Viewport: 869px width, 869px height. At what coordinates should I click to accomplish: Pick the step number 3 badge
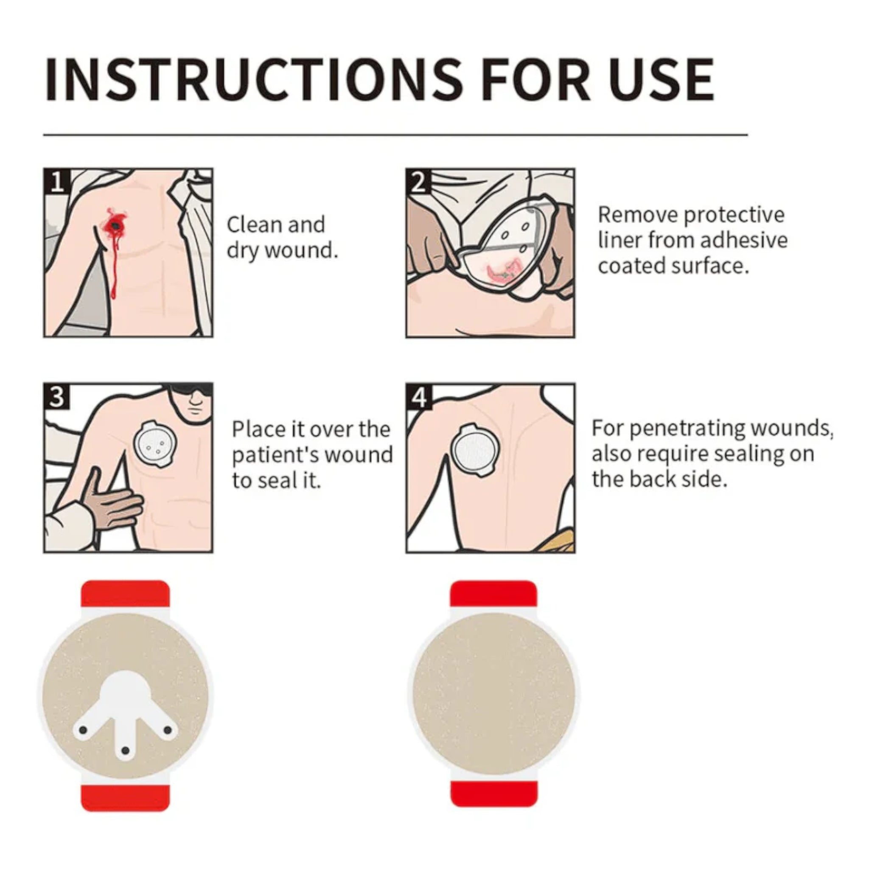click(x=57, y=397)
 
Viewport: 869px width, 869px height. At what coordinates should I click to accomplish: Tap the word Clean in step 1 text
click(x=253, y=224)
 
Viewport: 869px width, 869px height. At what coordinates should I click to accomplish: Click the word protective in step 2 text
click(x=734, y=216)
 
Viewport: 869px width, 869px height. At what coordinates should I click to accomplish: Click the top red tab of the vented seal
click(x=125, y=594)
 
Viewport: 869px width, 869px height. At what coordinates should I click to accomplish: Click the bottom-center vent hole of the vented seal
click(x=126, y=751)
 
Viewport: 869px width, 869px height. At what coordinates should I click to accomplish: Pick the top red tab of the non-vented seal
click(x=494, y=594)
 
